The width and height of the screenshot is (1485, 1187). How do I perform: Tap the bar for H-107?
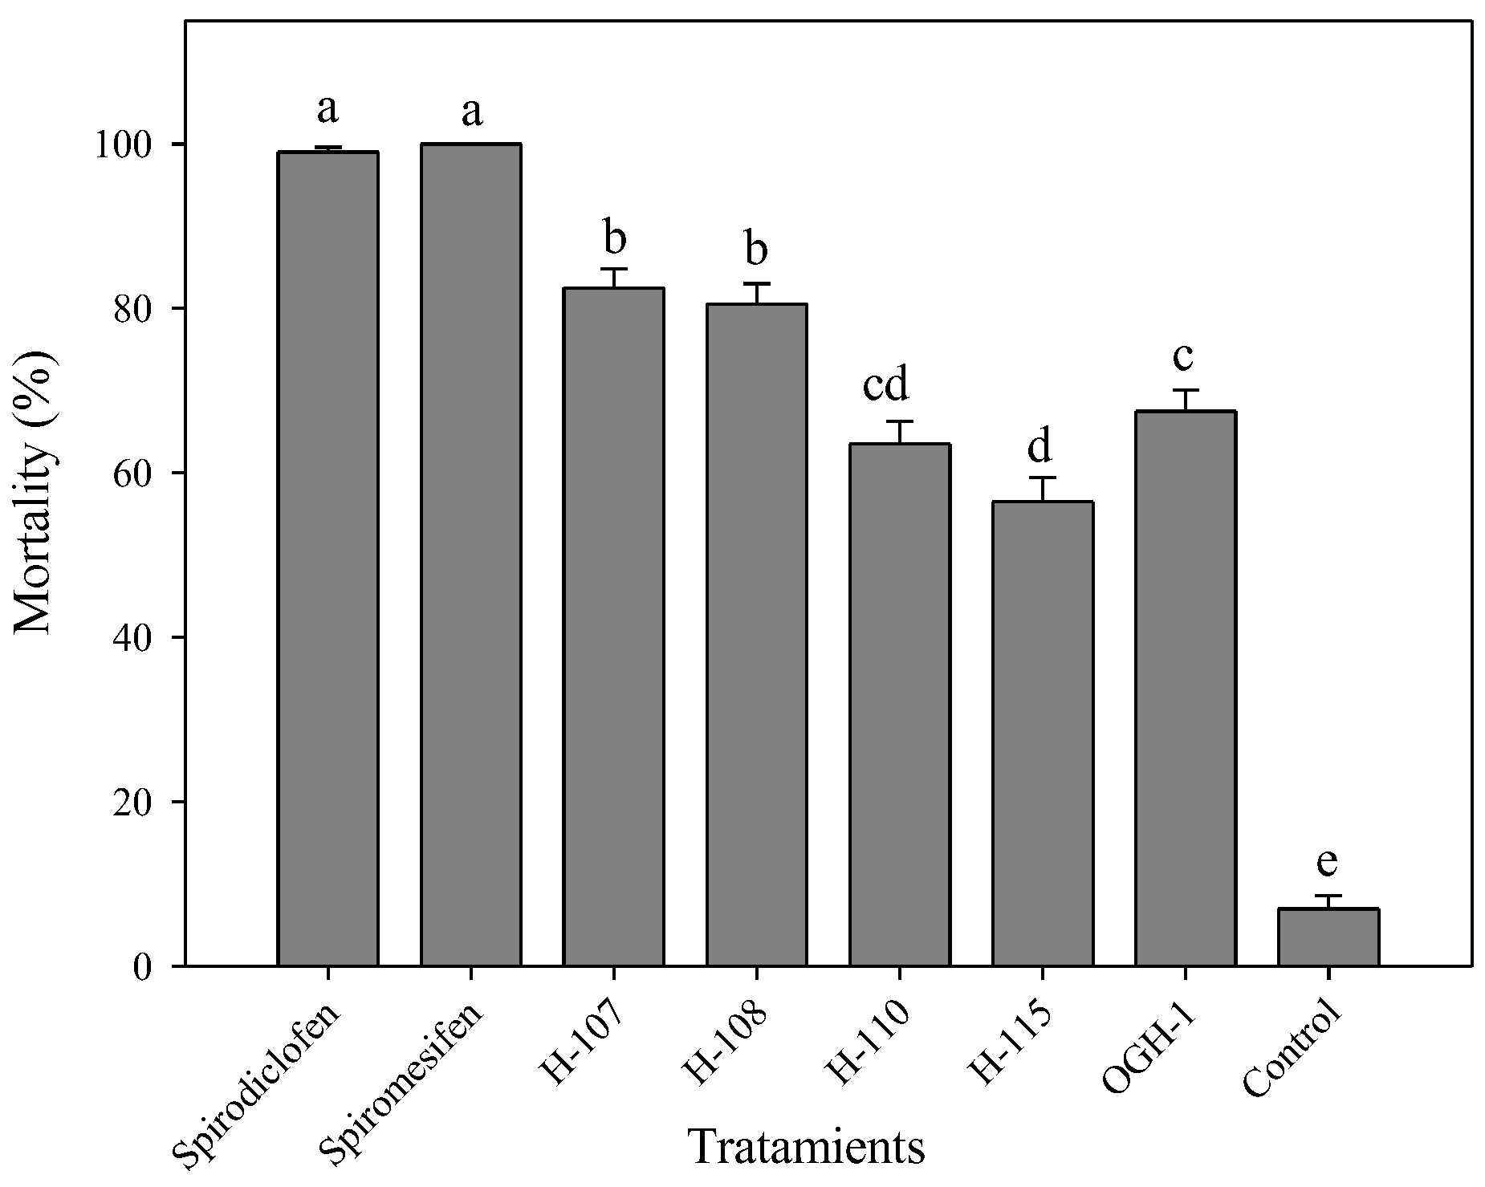(613, 626)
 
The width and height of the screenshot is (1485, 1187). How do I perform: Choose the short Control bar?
(1328, 937)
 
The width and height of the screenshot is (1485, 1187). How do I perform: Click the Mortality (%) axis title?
(36, 491)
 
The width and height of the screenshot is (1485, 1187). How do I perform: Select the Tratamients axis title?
(806, 1147)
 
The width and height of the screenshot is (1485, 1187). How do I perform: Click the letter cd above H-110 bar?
(885, 385)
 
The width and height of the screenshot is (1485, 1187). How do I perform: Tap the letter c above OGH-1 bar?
(1184, 356)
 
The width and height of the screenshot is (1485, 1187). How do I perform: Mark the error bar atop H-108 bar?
(756, 293)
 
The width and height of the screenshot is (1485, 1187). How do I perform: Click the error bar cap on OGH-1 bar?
(1185, 391)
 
